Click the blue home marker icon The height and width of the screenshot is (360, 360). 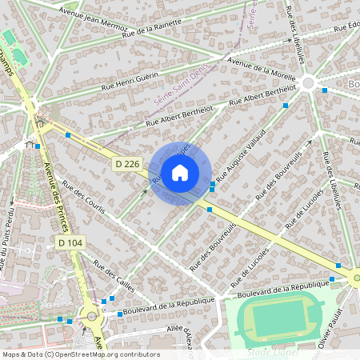(180, 173)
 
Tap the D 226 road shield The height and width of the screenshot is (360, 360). (126, 164)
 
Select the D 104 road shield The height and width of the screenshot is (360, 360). (70, 242)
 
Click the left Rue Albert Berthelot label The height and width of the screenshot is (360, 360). (179, 116)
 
